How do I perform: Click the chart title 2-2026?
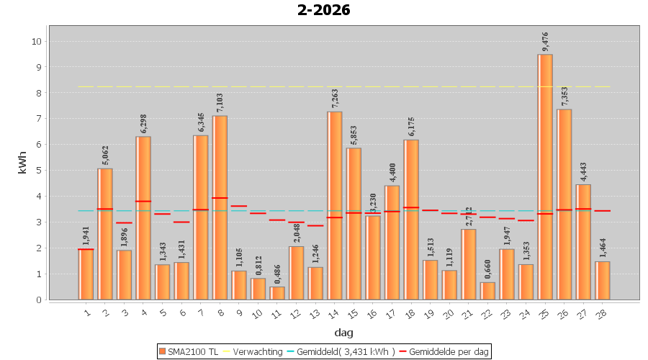point(323,10)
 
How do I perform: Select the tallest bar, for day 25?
point(545,176)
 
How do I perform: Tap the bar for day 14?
point(335,205)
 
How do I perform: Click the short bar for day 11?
point(277,293)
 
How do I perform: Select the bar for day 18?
point(411,220)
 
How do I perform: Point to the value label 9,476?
point(546,42)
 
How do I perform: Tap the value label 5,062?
point(105,156)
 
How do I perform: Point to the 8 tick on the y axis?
point(36,93)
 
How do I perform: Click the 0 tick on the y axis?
point(36,300)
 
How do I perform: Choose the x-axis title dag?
point(343,333)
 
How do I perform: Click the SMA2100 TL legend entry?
point(189,351)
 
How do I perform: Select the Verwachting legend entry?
point(252,351)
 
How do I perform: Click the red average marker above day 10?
point(258,213)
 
